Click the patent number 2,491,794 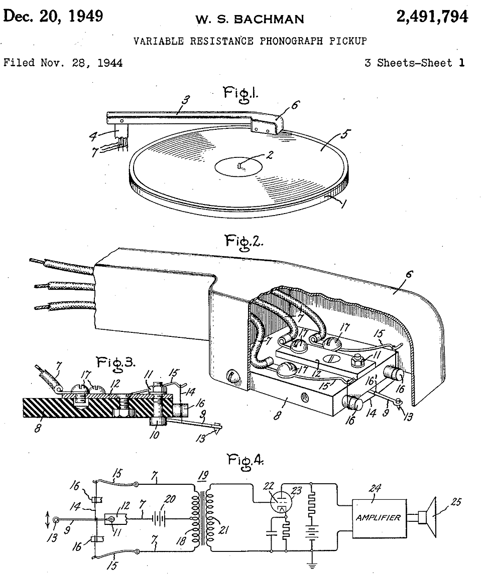point(432,17)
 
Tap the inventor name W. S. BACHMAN point(250,19)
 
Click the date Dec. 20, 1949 point(53,16)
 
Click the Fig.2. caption point(244,242)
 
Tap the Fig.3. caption point(116,363)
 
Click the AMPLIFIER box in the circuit point(379,518)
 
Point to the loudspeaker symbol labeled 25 point(427,517)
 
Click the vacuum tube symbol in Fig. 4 point(281,502)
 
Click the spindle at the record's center point(240,165)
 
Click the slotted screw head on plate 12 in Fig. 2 point(330,358)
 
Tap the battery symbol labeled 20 point(159,519)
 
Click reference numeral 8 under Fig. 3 point(38,428)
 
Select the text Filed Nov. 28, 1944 point(63,63)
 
